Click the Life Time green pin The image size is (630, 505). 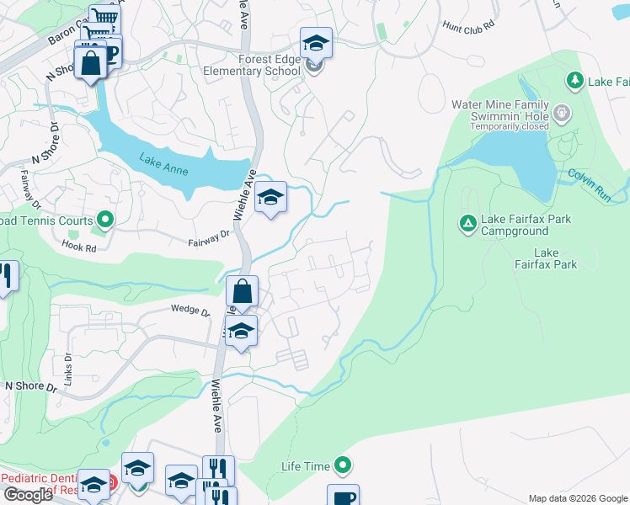(343, 465)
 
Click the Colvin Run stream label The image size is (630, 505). (588, 179)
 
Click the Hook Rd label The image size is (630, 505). (80, 245)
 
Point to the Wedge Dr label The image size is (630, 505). (190, 311)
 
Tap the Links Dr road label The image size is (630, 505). (68, 364)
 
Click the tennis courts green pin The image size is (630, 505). (105, 221)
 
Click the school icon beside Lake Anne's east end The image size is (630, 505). (270, 198)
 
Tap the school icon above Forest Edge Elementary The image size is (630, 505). (316, 42)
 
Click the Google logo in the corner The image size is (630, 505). (27, 495)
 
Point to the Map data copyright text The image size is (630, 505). (577, 498)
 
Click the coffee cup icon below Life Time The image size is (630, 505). (343, 497)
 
